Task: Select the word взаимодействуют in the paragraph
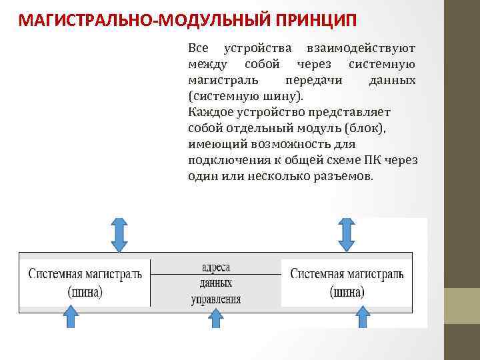click(361, 49)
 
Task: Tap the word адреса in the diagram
click(216, 267)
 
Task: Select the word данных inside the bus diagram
click(216, 283)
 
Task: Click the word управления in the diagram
click(216, 299)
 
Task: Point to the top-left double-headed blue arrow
click(119, 235)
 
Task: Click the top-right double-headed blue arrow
click(346, 235)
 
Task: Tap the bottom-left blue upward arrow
click(72, 317)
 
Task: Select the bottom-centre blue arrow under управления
click(215, 319)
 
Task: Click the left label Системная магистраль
click(85, 274)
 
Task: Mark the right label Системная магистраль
click(347, 274)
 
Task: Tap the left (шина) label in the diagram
click(85, 291)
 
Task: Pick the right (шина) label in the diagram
click(347, 291)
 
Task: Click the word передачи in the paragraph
click(316, 80)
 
